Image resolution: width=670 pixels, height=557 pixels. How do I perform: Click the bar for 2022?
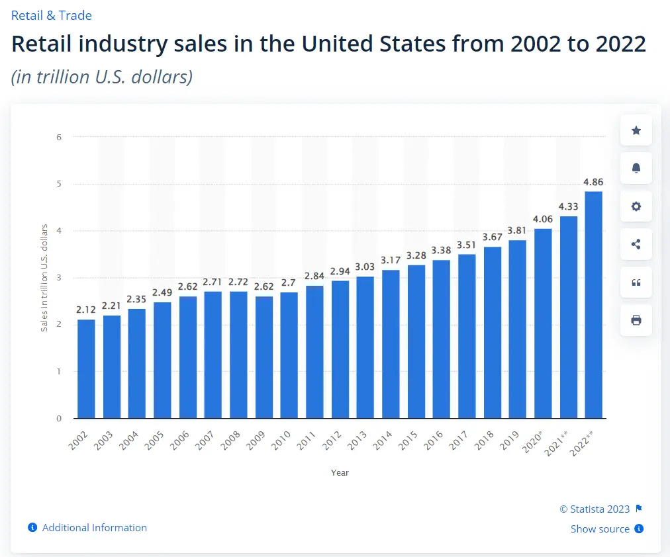coord(593,304)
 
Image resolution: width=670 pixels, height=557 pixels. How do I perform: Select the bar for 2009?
coord(263,357)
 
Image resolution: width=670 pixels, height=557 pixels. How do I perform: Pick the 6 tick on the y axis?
coord(59,137)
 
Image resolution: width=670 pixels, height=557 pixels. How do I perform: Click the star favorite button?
coord(636,130)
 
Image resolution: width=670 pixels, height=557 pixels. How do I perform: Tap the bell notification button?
coord(636,168)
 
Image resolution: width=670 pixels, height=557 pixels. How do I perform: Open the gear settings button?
coord(636,206)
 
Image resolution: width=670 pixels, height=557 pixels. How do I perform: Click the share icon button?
coord(636,244)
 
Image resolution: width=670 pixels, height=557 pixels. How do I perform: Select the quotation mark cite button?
coord(636,282)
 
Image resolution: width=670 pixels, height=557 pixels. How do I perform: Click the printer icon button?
coord(636,320)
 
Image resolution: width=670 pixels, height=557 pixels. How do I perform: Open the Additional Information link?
coord(94,527)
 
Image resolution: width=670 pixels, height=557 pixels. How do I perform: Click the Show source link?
coord(600,529)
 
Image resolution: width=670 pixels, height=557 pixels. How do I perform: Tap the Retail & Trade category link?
coord(52,15)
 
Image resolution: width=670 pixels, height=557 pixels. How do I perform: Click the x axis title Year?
coord(340,472)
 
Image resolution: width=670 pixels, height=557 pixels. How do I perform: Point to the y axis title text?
coord(44,278)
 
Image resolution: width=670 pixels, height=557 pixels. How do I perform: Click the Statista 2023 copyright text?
coord(594,509)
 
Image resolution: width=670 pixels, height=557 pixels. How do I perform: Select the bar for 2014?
coord(391,344)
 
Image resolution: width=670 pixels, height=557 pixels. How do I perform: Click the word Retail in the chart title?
coord(44,44)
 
